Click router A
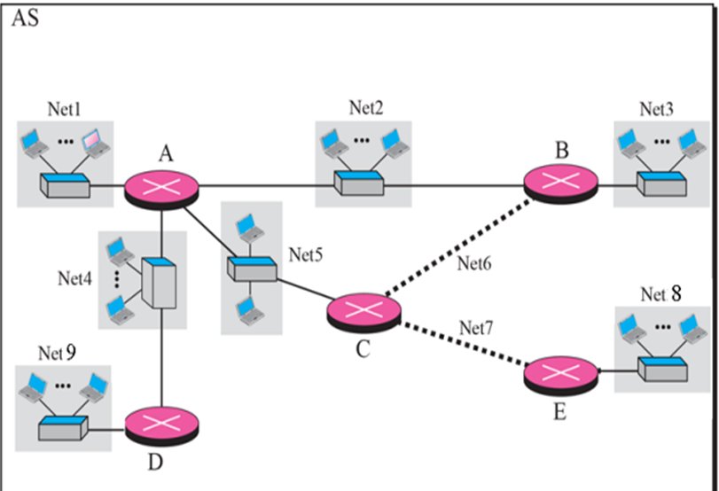pyautogui.click(x=162, y=187)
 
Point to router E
pyautogui.click(x=560, y=373)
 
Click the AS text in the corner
pyautogui.click(x=24, y=19)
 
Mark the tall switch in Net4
pyautogui.click(x=160, y=283)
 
